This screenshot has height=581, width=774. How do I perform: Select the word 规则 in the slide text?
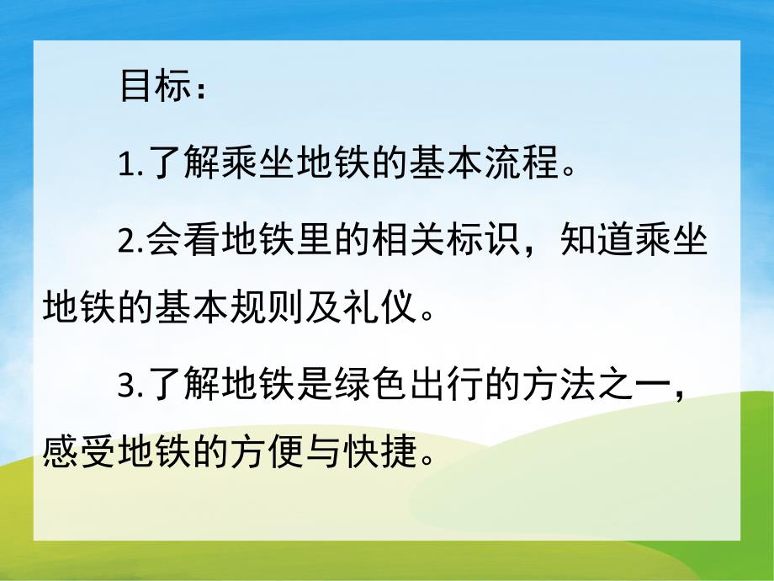[256, 312]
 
